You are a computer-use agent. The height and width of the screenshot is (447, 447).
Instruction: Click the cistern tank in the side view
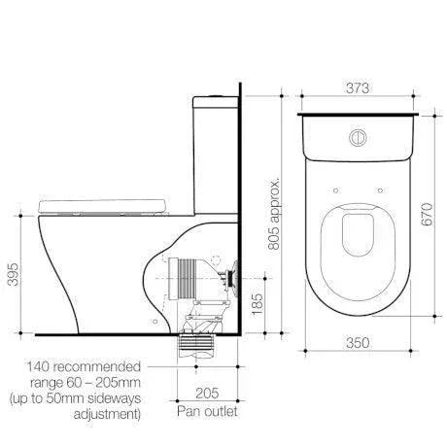(211, 146)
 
